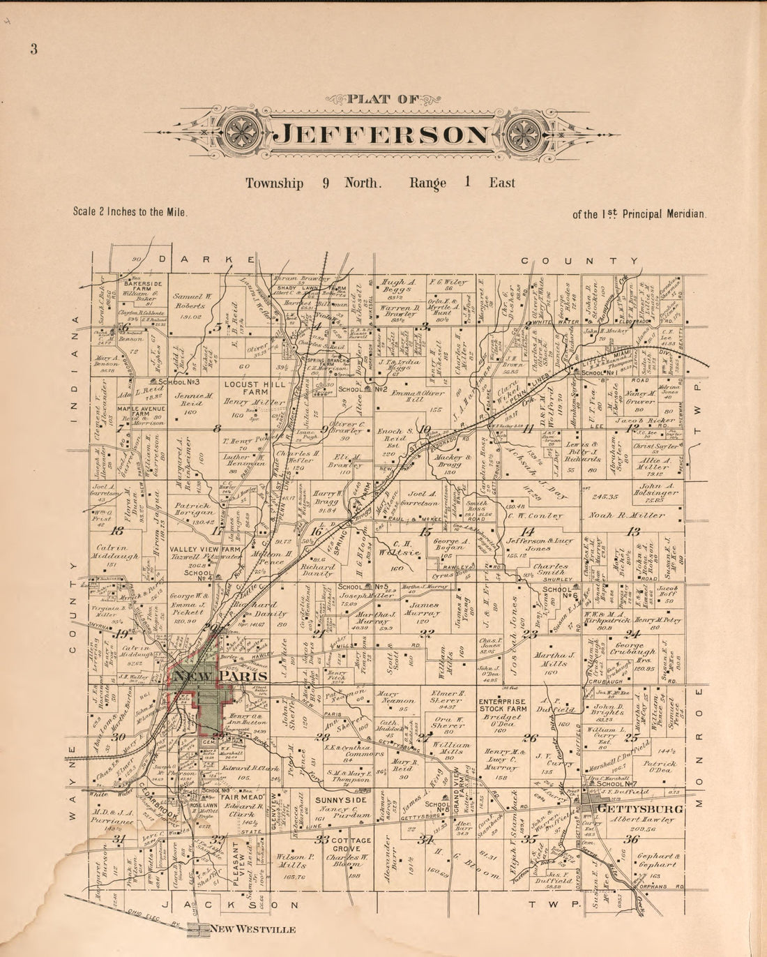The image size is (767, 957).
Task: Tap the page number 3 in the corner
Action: [x=33, y=50]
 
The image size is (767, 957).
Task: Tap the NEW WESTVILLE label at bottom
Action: [x=253, y=929]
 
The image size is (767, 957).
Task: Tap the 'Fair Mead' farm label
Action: [x=241, y=797]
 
